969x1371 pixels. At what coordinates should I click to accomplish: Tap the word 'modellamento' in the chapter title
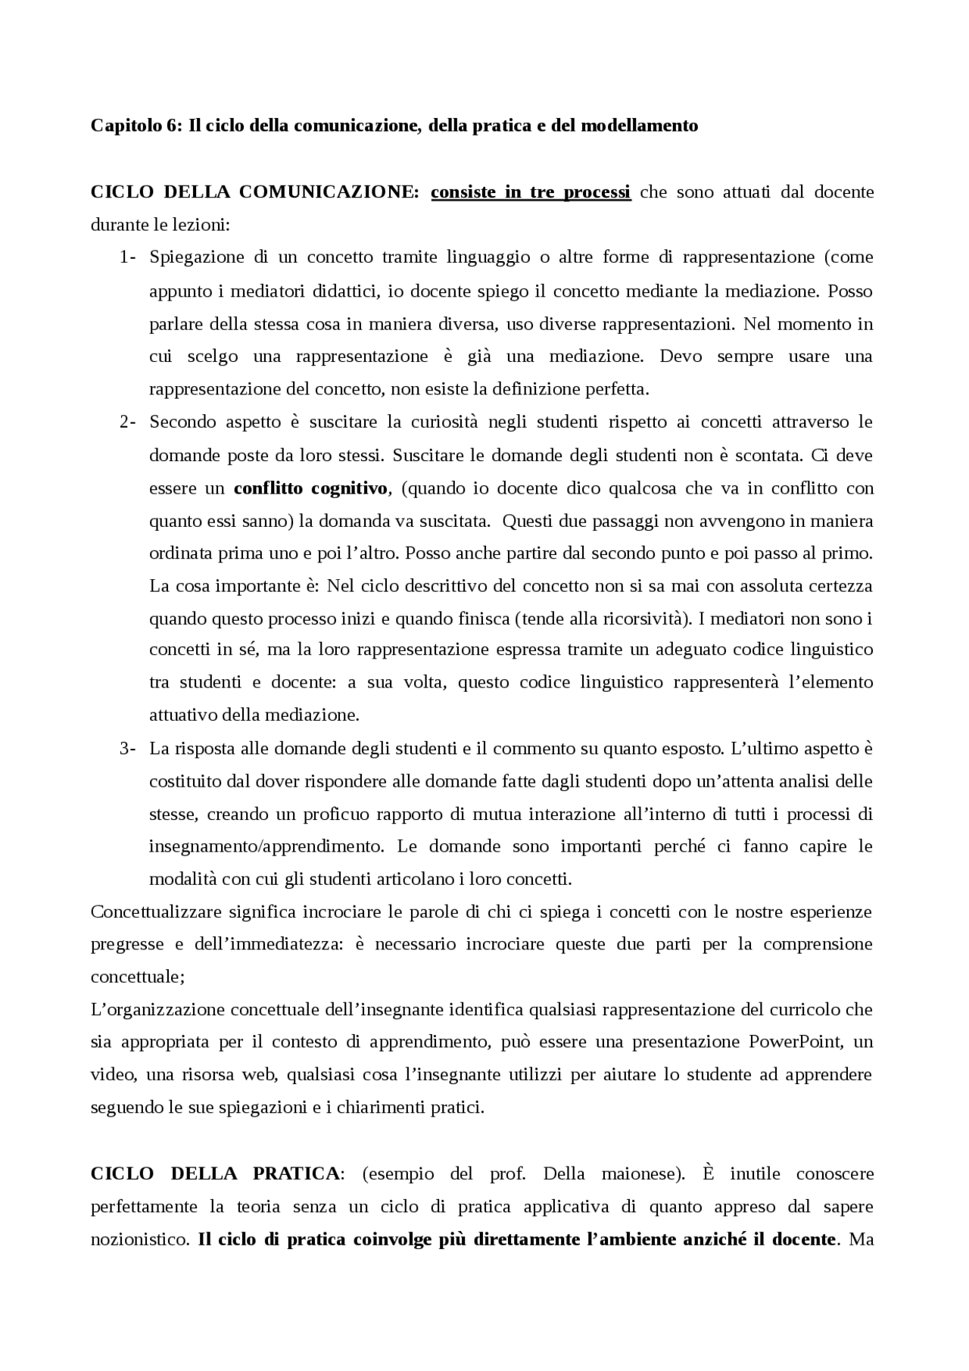click(x=639, y=126)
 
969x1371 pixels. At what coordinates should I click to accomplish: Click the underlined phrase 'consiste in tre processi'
click(x=531, y=192)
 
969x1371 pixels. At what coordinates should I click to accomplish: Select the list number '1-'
click(x=127, y=257)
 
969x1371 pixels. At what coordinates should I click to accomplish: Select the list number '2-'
click(x=127, y=422)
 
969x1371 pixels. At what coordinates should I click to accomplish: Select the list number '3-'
click(x=127, y=749)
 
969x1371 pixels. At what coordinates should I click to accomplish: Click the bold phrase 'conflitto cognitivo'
click(x=310, y=488)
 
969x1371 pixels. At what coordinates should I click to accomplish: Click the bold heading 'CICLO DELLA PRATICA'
click(x=215, y=1174)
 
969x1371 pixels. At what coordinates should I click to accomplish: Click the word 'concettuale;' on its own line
click(x=137, y=977)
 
